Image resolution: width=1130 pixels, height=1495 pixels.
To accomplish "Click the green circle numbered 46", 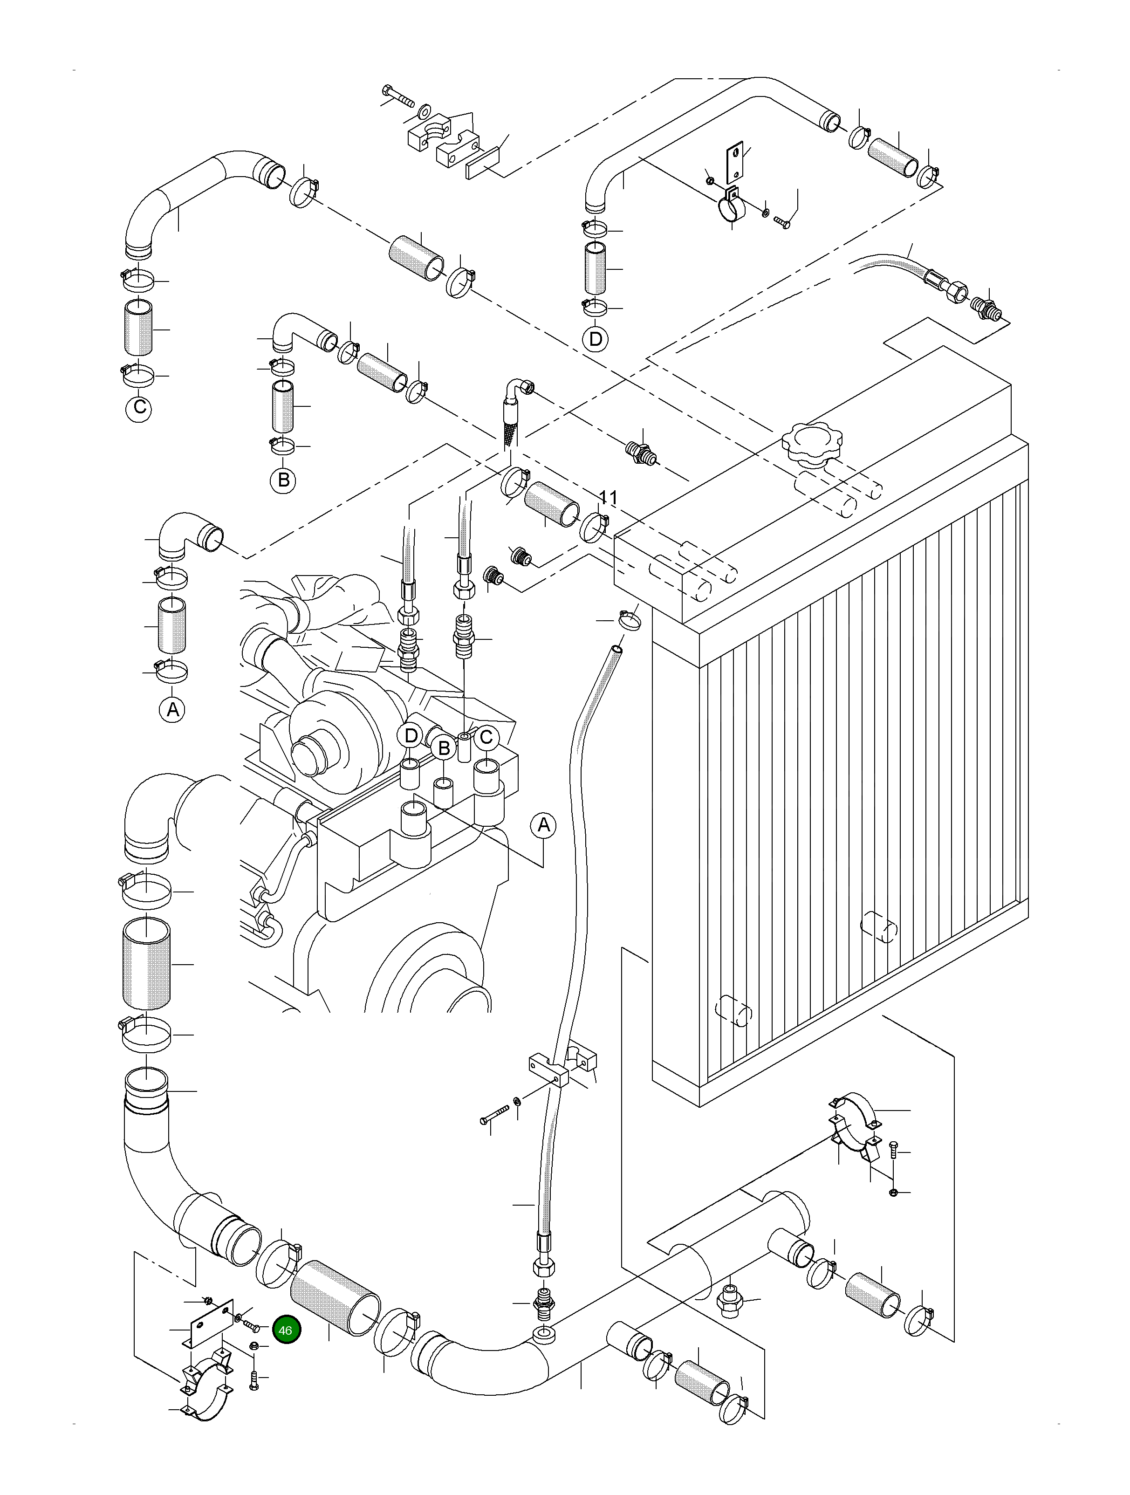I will click(x=286, y=1330).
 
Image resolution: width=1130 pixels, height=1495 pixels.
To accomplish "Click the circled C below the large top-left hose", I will click(x=139, y=408).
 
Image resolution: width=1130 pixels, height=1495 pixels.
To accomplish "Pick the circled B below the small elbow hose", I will click(x=284, y=480).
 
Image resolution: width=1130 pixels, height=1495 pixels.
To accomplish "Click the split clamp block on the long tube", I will click(x=561, y=1067).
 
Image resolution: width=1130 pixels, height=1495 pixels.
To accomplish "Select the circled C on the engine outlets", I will click(x=486, y=737).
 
